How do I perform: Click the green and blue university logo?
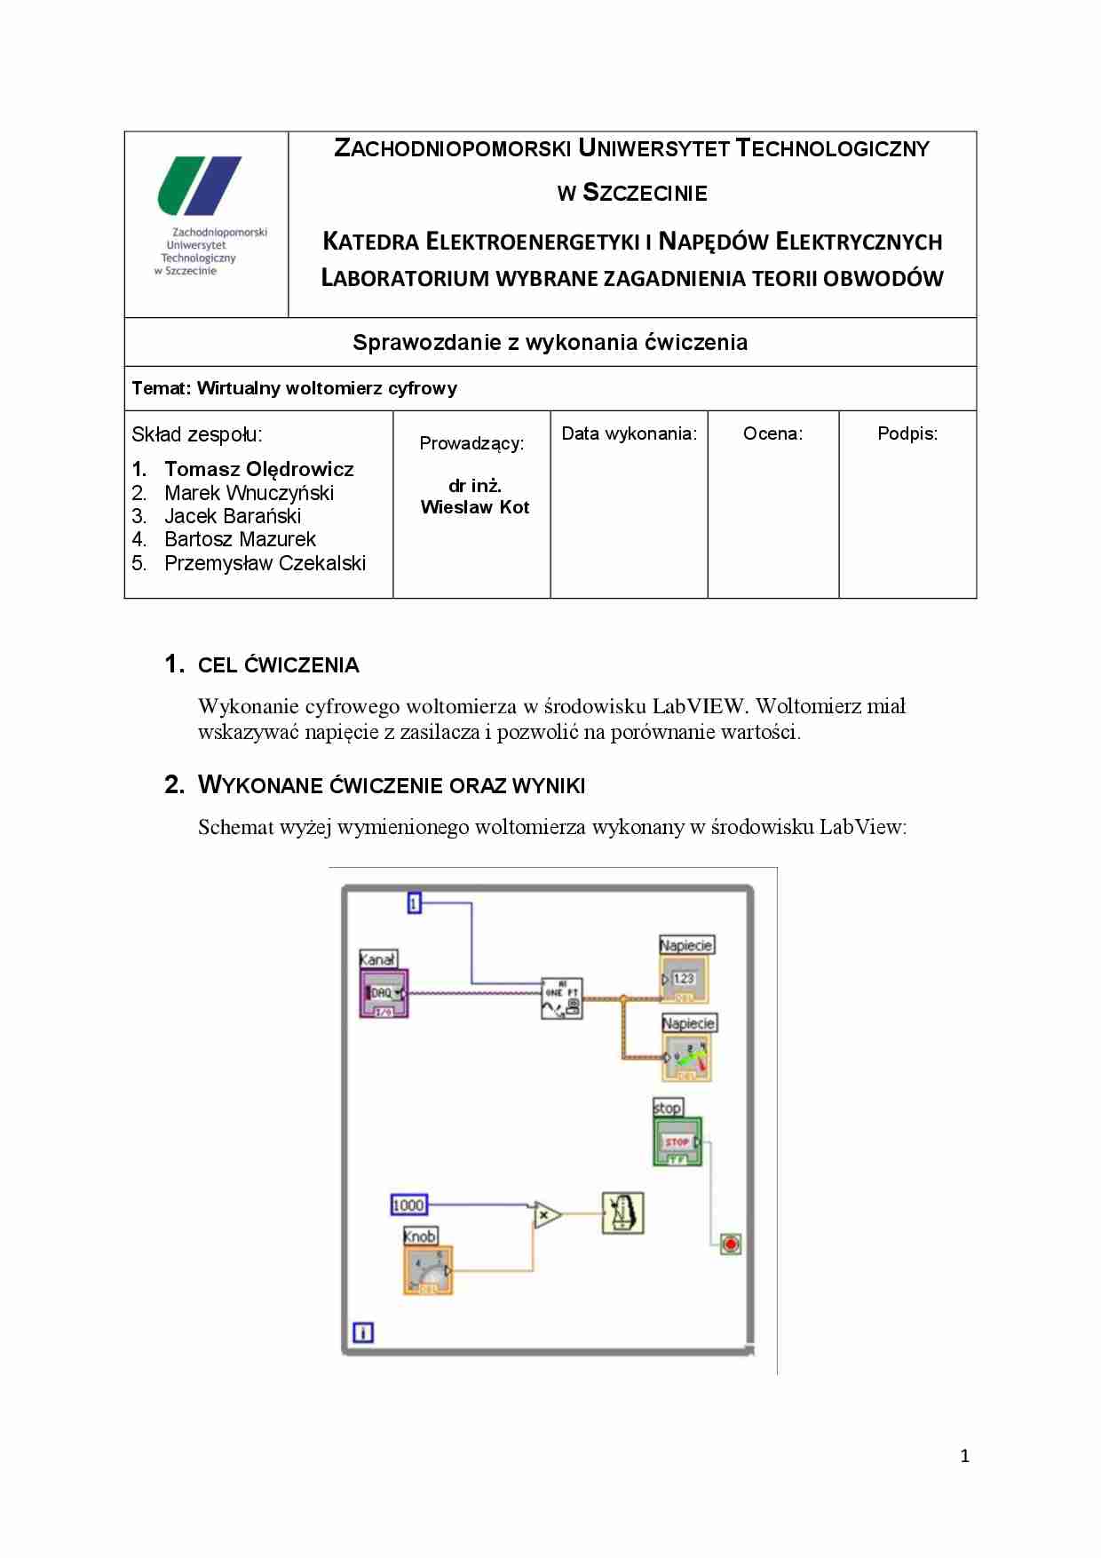pos(200,186)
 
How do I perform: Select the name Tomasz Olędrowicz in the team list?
pos(258,469)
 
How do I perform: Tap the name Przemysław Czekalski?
pos(265,563)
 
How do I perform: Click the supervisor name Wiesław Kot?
pos(474,507)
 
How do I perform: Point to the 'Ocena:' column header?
pos(772,433)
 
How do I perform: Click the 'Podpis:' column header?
pos(907,433)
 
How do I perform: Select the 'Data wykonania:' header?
pos(629,433)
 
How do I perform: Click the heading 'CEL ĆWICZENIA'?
pos(278,665)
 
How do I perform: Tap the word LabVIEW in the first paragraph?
pos(698,706)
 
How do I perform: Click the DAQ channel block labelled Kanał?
pos(384,993)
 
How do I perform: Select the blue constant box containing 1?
pos(414,903)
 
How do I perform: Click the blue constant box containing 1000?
pos(408,1205)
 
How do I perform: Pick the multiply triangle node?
pos(546,1214)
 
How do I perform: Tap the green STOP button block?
pos(677,1141)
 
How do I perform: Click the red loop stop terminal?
pos(730,1244)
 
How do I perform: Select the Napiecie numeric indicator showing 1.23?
pos(685,979)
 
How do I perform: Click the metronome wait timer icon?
pos(622,1213)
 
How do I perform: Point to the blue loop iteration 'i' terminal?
pos(363,1332)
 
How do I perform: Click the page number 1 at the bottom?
pos(964,1456)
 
